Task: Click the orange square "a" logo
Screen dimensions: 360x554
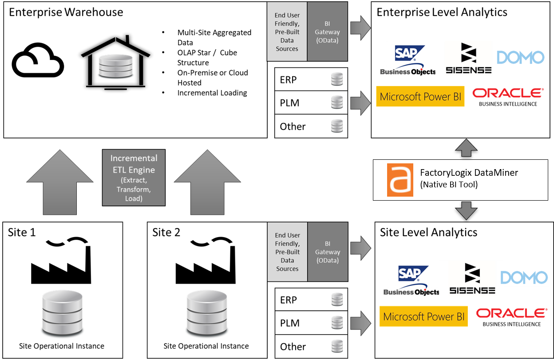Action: tap(400, 180)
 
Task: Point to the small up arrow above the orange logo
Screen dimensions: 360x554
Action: tap(466, 148)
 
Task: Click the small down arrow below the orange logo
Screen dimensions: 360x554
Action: tap(466, 210)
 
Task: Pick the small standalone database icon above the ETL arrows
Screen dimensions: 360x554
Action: tap(115, 66)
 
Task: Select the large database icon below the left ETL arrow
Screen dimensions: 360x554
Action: tap(62, 313)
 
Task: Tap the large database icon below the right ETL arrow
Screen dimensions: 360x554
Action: tap(206, 313)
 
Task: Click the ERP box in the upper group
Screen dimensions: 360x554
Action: tap(311, 80)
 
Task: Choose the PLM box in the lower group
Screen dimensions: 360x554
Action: tap(311, 323)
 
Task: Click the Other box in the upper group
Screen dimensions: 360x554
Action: tap(311, 127)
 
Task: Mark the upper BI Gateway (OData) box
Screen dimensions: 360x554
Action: tap(327, 32)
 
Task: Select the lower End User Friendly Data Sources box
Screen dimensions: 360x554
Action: tap(287, 252)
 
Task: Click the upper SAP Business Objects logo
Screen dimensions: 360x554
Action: tap(407, 60)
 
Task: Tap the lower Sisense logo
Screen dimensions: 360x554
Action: tap(472, 280)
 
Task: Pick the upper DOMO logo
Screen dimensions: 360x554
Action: tap(521, 57)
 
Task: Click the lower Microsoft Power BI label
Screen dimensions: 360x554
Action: tap(423, 317)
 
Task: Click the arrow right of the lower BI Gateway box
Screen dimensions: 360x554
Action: tap(360, 248)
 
